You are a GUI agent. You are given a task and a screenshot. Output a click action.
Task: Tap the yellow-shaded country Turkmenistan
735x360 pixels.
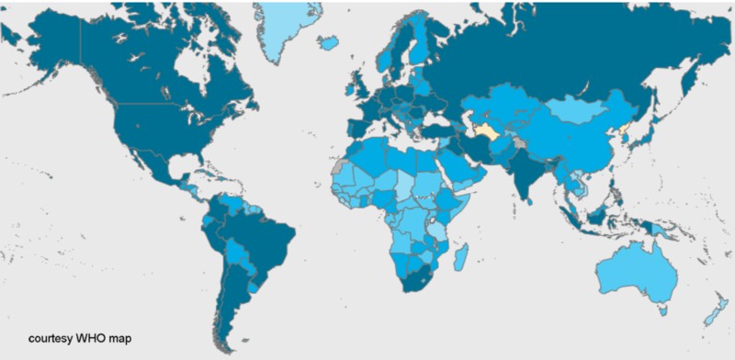pyautogui.click(x=484, y=133)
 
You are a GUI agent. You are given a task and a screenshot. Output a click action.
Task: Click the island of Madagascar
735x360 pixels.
pyautogui.click(x=463, y=253)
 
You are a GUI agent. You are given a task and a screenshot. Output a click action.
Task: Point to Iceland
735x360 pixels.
pyautogui.click(x=328, y=42)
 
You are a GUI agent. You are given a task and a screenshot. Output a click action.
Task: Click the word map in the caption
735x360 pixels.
pyautogui.click(x=122, y=338)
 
